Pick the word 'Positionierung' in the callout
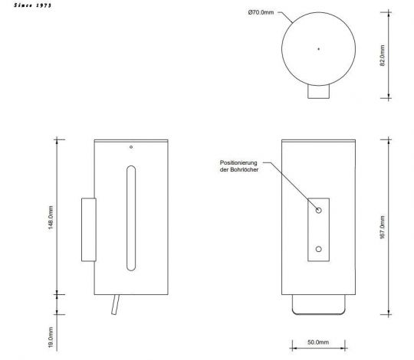click(x=242, y=164)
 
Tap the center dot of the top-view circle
click(x=319, y=49)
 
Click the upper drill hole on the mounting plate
click(x=319, y=208)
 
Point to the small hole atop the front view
click(x=131, y=146)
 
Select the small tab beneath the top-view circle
click(x=319, y=93)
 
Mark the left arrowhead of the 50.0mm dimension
click(x=292, y=332)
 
